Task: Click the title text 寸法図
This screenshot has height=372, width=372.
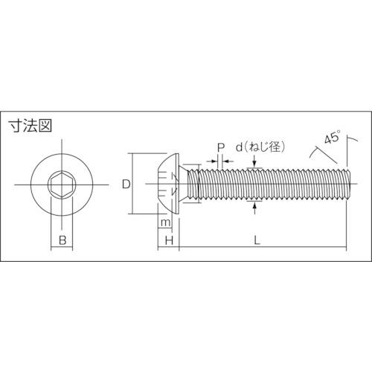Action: click(31, 126)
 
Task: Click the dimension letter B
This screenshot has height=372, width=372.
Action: click(62, 240)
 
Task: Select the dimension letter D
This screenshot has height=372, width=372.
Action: click(126, 185)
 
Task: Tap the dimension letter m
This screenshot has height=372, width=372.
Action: click(165, 223)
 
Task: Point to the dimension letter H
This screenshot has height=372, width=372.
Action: click(169, 240)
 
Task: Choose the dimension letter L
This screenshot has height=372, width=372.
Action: click(257, 240)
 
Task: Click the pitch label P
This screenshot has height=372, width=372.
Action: click(221, 148)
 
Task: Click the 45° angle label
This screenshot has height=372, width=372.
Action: click(332, 137)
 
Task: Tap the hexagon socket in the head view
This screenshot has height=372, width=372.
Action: click(61, 185)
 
